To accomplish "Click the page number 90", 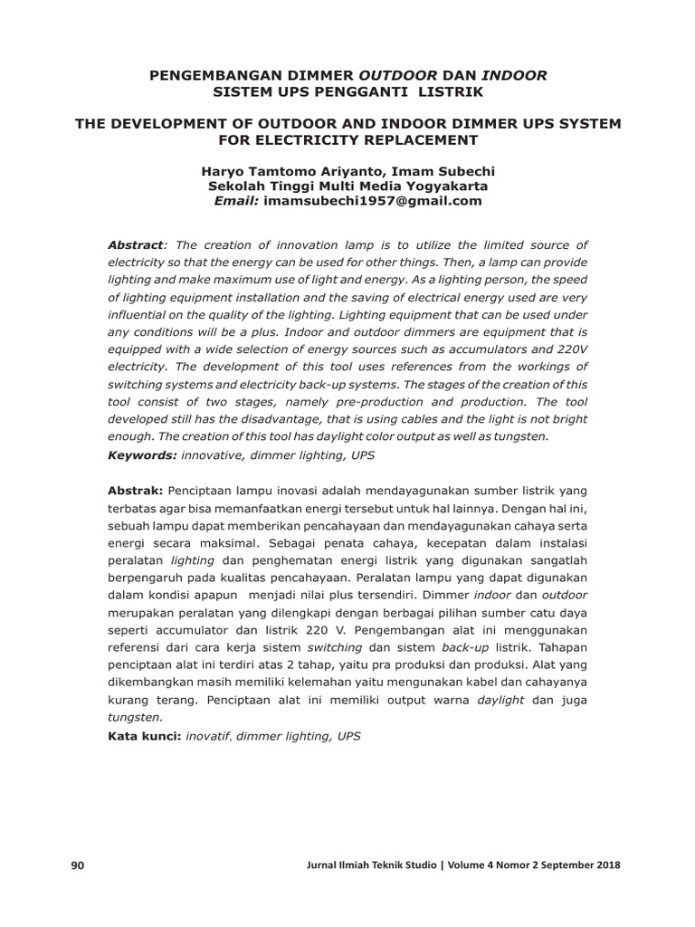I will pos(77,866).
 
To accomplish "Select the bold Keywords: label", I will pos(143,453).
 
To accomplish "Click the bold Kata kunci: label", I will pos(144,736).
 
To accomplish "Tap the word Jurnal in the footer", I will pos(326,866).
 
